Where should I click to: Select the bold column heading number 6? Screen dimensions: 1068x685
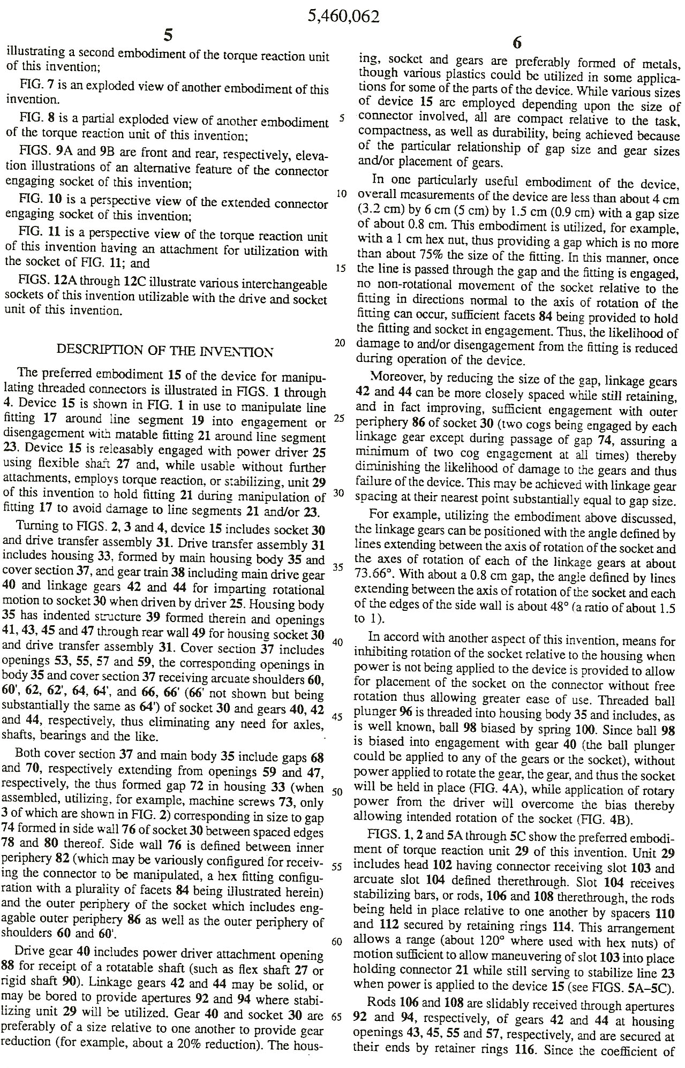(517, 43)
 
